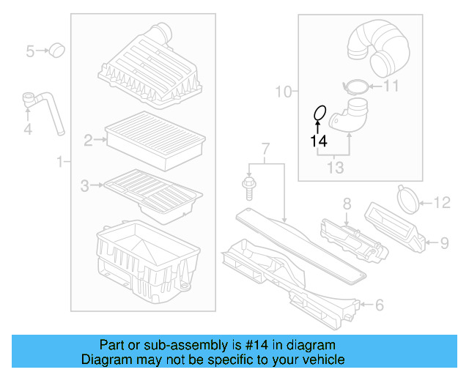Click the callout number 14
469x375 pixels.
(317, 141)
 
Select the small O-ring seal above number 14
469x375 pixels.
(319, 114)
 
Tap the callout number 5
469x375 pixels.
(30, 51)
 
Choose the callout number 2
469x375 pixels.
(88, 139)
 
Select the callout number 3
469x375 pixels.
(85, 186)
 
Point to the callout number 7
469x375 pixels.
(265, 150)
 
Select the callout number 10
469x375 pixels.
(283, 92)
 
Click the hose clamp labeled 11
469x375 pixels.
(356, 87)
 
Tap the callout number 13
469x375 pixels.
(335, 168)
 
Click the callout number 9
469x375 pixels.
(443, 241)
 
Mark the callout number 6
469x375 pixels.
(379, 304)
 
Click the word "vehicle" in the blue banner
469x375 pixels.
(320, 360)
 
